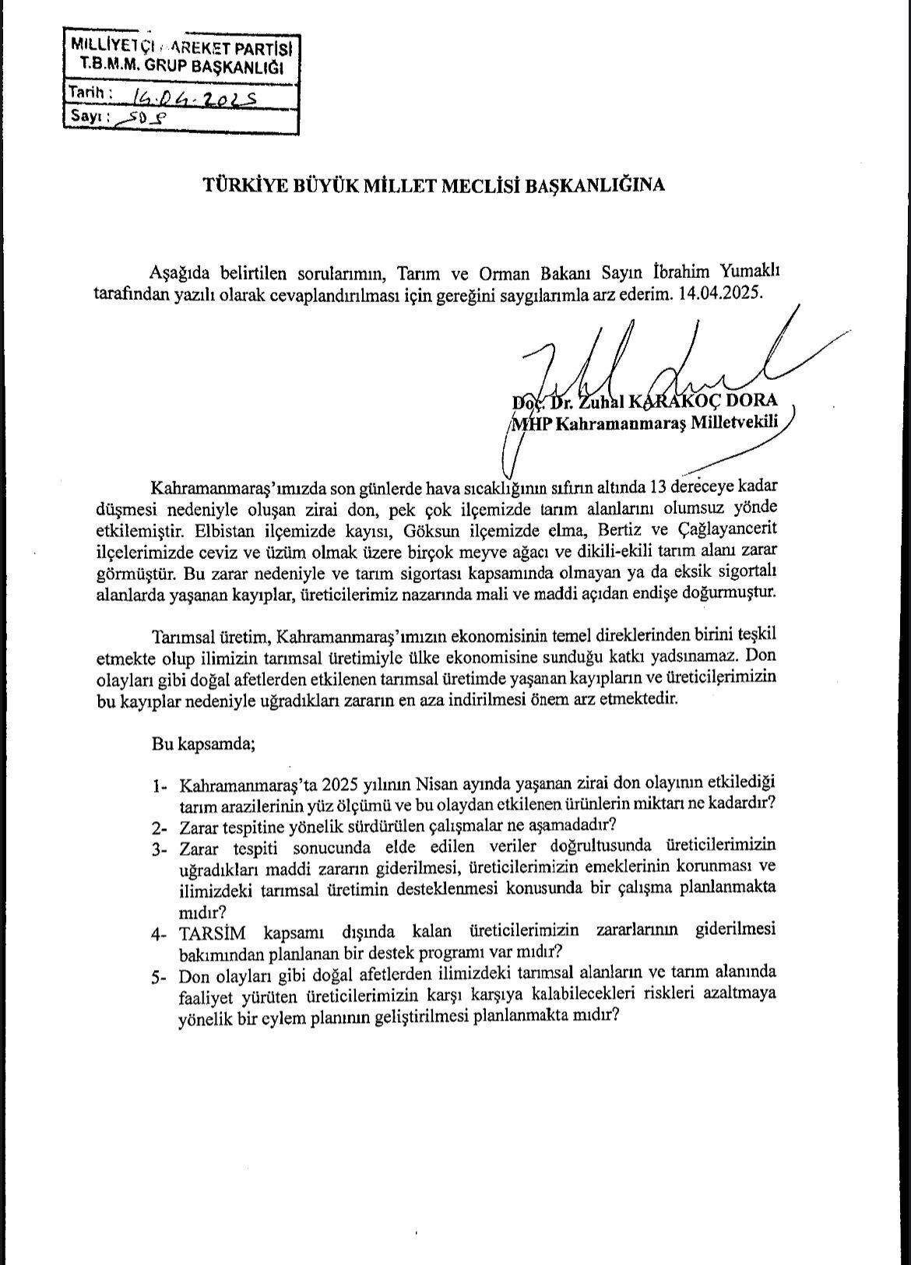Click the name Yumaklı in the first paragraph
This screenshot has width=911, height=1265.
point(743,272)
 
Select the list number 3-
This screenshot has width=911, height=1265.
point(161,848)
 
